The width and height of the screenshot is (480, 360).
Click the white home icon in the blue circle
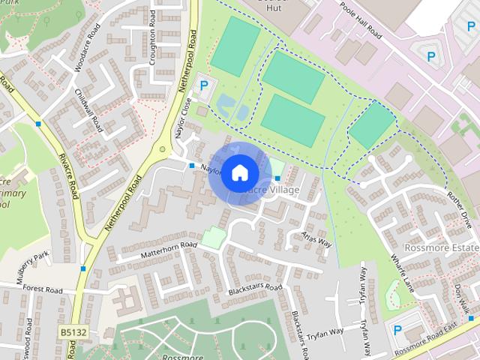point(239,172)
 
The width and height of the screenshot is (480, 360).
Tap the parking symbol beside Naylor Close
point(203,86)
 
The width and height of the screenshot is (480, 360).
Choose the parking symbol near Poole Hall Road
point(431,55)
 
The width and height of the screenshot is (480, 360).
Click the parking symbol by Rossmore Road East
point(398,329)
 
